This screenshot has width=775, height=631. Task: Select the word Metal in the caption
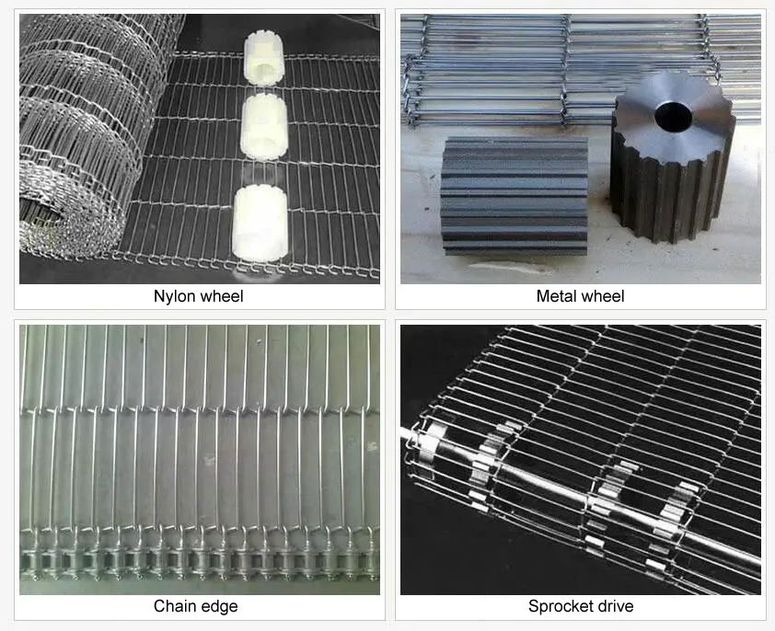(554, 296)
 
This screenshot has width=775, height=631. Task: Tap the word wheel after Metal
(600, 296)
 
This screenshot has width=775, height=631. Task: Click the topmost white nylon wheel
(263, 56)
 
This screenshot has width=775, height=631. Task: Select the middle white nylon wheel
(264, 127)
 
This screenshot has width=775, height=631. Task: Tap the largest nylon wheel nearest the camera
(260, 223)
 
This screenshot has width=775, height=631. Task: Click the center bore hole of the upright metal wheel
(673, 115)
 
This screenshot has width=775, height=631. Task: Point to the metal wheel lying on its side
(514, 196)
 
